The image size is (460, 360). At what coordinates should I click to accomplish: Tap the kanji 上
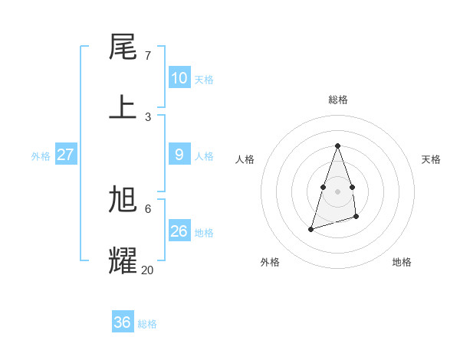123,106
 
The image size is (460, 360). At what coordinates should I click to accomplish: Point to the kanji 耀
123,260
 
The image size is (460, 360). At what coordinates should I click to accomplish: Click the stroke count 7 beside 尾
147,56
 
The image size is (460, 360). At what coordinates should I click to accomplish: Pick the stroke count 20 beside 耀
147,270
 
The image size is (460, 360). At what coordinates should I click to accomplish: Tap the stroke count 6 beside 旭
147,208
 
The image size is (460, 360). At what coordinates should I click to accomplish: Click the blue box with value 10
179,77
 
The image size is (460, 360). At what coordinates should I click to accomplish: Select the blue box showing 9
179,154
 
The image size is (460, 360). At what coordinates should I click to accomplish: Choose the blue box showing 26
179,231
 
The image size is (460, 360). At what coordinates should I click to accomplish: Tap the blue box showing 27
65,154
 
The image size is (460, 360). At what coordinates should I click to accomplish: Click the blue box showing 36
122,322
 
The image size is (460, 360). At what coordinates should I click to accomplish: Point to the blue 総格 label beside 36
147,324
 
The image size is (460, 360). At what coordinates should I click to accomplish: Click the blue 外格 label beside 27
41,156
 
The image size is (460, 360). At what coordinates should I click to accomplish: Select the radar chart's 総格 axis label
337,100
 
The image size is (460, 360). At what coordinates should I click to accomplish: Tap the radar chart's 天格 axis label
431,159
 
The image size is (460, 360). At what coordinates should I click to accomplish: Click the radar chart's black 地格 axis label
402,262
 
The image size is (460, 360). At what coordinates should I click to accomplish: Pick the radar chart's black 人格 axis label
245,159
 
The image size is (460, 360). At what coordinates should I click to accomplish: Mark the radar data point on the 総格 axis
337,146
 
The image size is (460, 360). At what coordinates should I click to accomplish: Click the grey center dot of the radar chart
337,191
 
